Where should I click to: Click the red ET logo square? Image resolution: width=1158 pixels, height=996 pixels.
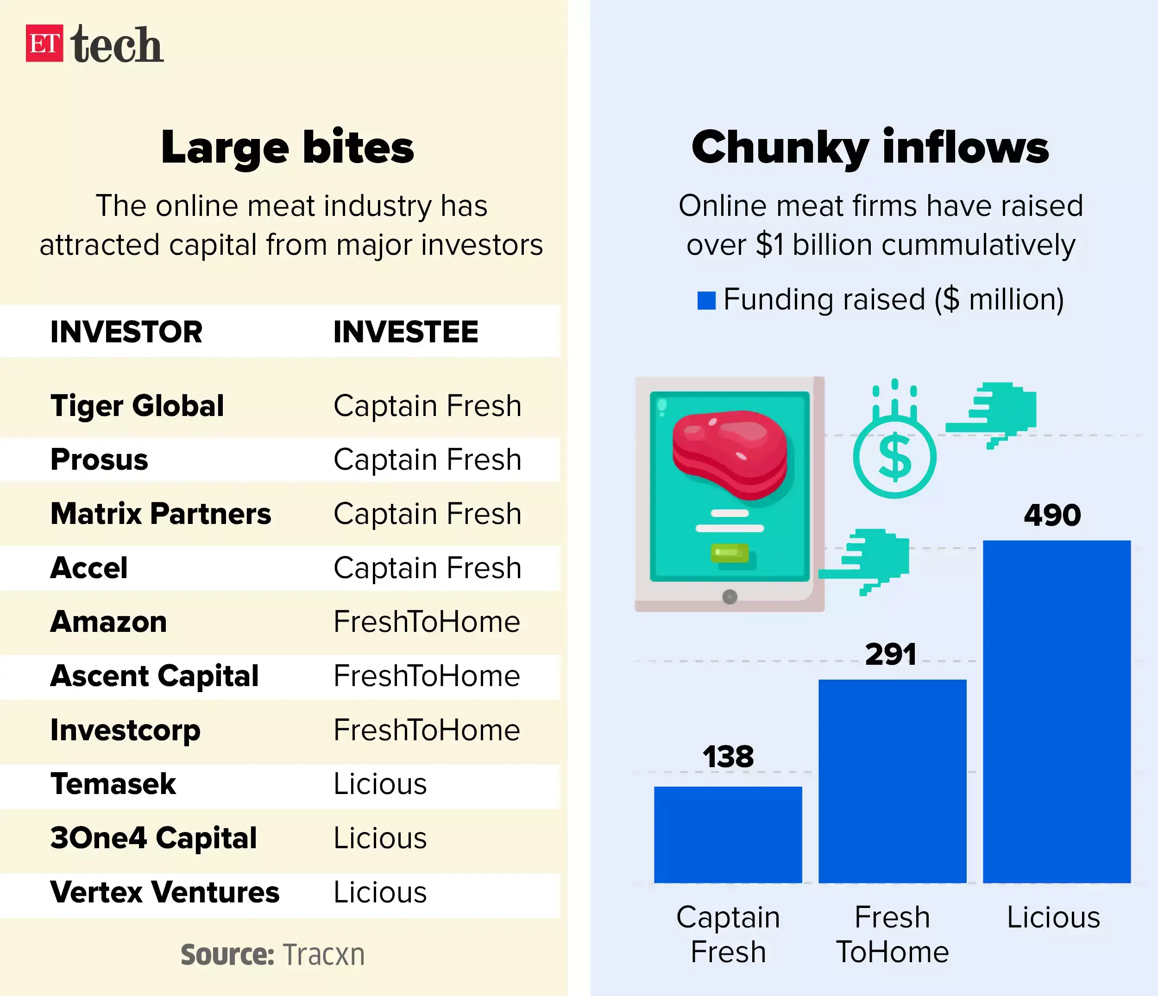[x=44, y=43]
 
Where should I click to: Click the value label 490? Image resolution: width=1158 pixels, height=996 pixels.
[x=1052, y=515]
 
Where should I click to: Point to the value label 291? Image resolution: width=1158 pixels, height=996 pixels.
[x=891, y=654]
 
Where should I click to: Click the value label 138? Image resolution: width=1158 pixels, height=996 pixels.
[x=728, y=757]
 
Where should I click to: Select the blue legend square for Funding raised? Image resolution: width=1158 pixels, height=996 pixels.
[x=706, y=300]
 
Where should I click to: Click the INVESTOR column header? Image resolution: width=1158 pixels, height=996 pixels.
[x=126, y=332]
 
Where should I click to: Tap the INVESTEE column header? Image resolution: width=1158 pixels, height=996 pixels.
[x=406, y=332]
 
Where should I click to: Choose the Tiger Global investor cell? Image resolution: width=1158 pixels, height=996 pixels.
[x=137, y=406]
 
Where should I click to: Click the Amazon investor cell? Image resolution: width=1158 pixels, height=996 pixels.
[x=108, y=622]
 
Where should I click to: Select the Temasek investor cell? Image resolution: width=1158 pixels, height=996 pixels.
[x=113, y=784]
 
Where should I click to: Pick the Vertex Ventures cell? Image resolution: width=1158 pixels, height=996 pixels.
[x=164, y=892]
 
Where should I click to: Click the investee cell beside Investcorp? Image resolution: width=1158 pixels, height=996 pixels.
[x=427, y=730]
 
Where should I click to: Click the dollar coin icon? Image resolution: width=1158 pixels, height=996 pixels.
[x=894, y=457]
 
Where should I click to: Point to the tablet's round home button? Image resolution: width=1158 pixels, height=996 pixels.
[x=730, y=597]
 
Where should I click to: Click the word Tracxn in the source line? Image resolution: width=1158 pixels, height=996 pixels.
[x=324, y=955]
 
